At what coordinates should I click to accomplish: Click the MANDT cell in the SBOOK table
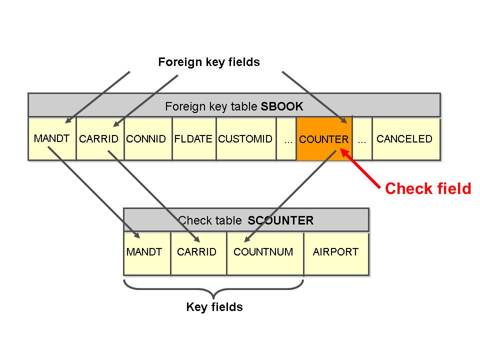coord(52,138)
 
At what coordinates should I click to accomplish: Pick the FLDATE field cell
coord(194,138)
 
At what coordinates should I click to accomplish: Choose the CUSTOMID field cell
coord(246,138)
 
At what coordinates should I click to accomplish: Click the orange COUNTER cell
coord(324,139)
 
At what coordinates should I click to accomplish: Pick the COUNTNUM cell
coord(264,252)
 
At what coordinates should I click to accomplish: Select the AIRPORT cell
coord(336,252)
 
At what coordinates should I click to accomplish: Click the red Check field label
coord(428,188)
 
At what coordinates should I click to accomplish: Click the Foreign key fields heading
coord(209,62)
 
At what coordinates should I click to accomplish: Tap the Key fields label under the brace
coord(214,307)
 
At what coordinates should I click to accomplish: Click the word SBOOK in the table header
coord(282,106)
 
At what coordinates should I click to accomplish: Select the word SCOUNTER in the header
coord(280,220)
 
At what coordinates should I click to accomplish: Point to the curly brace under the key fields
coord(213,289)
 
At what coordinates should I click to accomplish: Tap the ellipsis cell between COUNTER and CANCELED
coord(362,139)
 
